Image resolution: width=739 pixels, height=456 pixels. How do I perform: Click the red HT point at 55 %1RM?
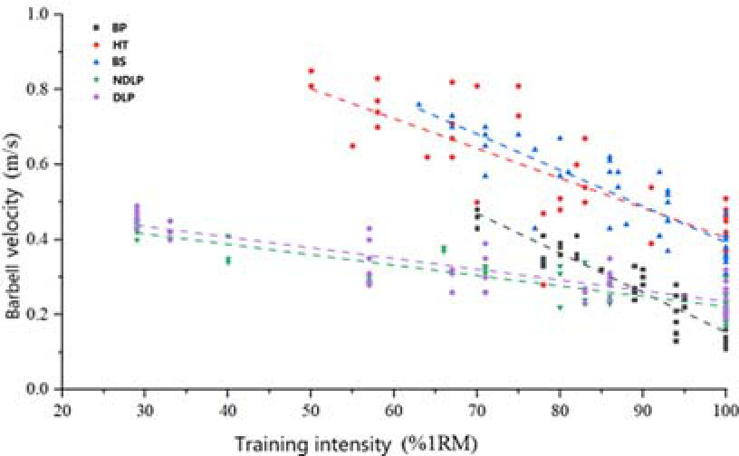point(352,146)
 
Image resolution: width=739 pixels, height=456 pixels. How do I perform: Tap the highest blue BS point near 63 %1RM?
point(418,105)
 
